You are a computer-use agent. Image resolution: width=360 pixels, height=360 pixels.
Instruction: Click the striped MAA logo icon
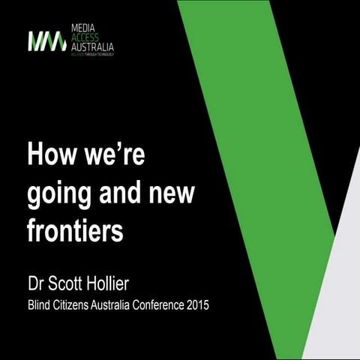46,41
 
